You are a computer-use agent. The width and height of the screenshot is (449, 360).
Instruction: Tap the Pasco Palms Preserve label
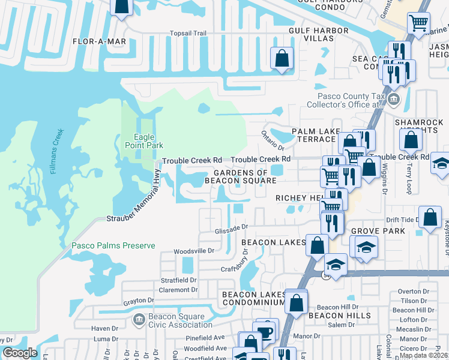pos(113,245)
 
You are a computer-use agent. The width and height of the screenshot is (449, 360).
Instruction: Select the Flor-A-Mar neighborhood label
pos(99,41)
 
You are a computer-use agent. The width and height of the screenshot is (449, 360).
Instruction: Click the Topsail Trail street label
pos(188,34)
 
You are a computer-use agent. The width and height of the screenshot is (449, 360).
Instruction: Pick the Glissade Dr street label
pos(232,228)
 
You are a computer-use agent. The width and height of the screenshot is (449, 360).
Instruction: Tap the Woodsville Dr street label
pos(194,251)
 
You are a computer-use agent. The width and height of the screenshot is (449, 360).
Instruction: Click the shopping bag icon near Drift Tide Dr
pos(430,217)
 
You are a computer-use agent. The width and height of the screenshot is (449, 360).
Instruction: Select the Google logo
pos(20,353)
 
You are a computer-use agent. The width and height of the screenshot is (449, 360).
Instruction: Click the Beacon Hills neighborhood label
pos(340,315)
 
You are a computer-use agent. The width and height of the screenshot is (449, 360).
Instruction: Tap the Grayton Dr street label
pos(139,301)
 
